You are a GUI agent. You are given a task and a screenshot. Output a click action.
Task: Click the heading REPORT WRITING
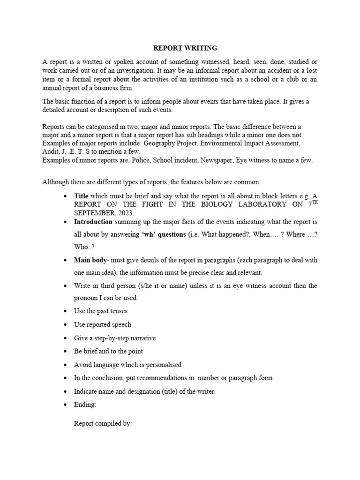[186, 48]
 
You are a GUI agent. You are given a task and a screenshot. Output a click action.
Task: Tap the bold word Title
[82, 195]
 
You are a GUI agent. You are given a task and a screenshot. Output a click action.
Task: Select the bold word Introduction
[93, 221]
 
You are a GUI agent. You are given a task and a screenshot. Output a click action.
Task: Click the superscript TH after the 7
[313, 202]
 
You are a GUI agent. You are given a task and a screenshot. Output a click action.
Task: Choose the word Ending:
[85, 404]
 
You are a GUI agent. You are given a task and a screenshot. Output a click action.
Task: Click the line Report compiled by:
[103, 424]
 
